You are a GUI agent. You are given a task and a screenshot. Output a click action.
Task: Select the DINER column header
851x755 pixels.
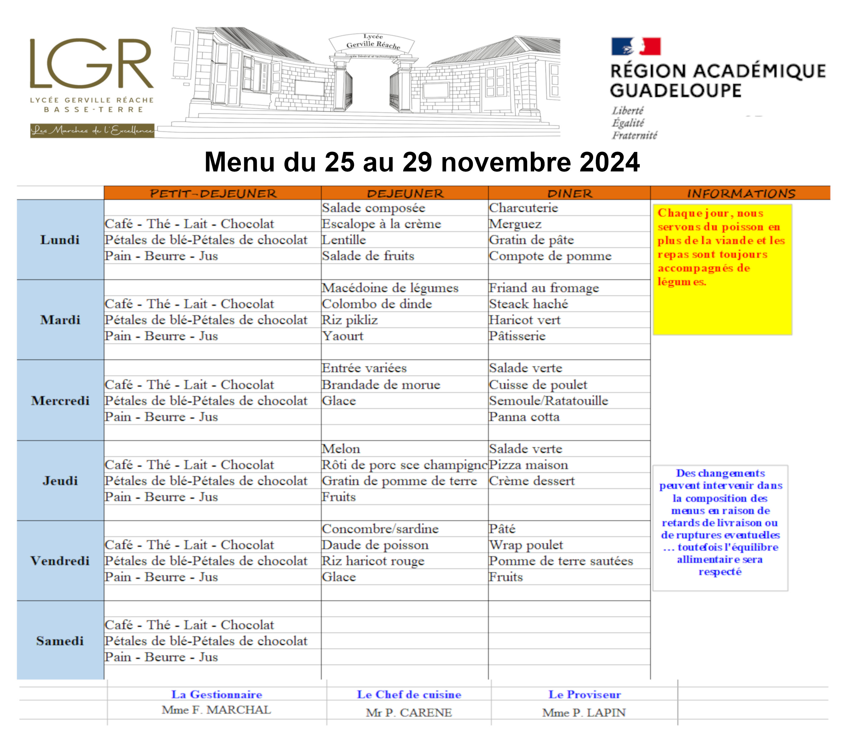(x=569, y=193)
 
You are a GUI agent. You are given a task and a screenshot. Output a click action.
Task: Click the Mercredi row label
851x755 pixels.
(x=60, y=401)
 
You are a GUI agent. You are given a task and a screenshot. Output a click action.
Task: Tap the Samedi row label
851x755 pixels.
(x=60, y=641)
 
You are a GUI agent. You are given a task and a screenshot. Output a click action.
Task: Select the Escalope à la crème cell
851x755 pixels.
(x=381, y=224)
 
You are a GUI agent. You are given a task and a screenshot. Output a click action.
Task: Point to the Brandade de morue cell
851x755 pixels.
(x=381, y=385)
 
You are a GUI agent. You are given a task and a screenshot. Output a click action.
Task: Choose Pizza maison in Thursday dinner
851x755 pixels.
(x=528, y=465)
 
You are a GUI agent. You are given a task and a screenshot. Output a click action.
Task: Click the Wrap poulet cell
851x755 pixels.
(x=526, y=545)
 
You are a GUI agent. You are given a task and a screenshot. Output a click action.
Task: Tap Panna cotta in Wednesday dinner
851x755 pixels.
(x=524, y=417)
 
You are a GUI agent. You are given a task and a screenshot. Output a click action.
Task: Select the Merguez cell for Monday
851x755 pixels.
(x=515, y=224)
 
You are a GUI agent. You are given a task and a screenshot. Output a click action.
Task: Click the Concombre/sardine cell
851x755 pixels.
(x=380, y=529)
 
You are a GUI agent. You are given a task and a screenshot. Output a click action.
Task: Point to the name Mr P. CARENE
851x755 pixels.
(x=408, y=713)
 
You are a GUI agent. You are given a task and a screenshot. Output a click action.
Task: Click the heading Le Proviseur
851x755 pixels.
(x=584, y=694)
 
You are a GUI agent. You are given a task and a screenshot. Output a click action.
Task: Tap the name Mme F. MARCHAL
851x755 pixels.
(x=216, y=710)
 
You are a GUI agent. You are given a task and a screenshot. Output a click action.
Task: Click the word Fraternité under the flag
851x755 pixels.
(x=634, y=135)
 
